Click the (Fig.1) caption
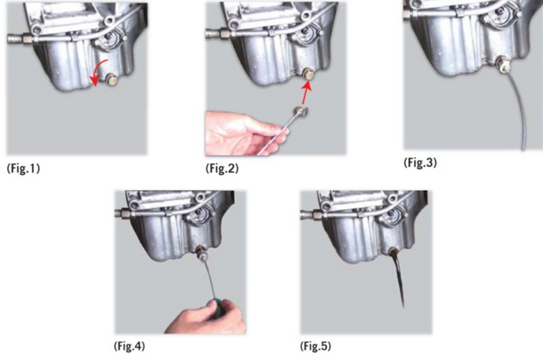[x=23, y=168]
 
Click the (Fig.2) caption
[x=222, y=168]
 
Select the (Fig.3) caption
[x=420, y=162]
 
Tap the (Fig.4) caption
[x=129, y=346]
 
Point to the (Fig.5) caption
[x=316, y=346]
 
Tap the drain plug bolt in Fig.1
[x=111, y=79]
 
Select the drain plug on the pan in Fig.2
[x=307, y=74]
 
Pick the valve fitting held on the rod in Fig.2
[x=300, y=111]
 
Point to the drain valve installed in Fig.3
[x=502, y=65]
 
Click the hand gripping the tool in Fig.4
[x=206, y=318]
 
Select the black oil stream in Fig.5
[x=398, y=277]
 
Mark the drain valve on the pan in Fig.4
[x=202, y=253]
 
